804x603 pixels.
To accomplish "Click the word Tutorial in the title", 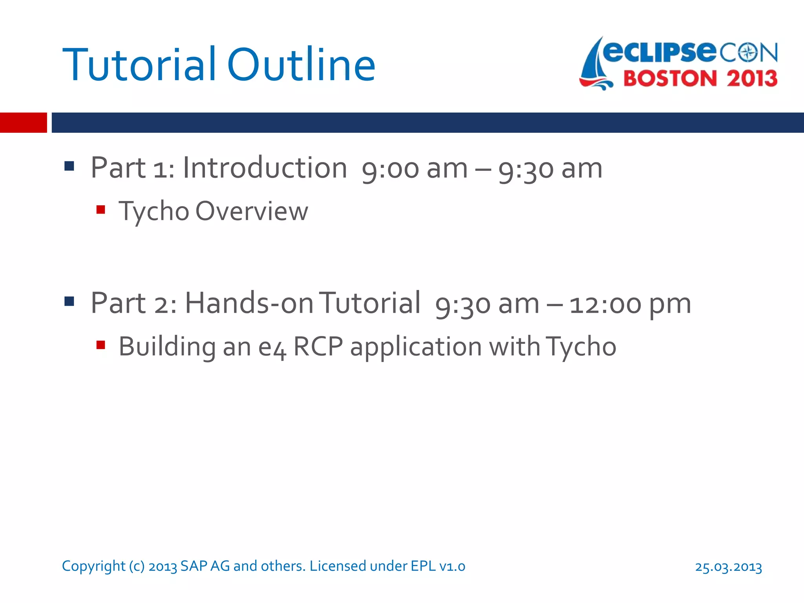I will point(139,65).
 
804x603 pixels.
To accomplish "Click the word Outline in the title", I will point(301,65).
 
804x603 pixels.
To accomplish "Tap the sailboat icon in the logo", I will point(596,65).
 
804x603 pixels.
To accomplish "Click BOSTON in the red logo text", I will point(670,79).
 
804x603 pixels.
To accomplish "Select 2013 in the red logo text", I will point(752,79).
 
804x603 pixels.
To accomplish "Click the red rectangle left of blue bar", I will point(23,122).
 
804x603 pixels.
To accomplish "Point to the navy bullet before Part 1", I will point(69,166).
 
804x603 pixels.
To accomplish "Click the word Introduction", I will point(265,168).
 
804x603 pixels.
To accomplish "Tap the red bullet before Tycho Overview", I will point(100,210).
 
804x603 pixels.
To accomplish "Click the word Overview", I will point(252,211).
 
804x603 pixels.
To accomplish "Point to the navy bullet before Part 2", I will point(69,301).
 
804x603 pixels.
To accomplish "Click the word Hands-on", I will point(249,303).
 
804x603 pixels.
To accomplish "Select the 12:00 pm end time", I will point(630,305).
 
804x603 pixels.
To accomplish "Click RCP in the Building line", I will point(318,347).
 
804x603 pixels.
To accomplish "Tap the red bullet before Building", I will point(100,345).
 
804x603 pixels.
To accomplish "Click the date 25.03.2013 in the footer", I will point(728,567).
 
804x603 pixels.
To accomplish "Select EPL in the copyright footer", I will point(423,566).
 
